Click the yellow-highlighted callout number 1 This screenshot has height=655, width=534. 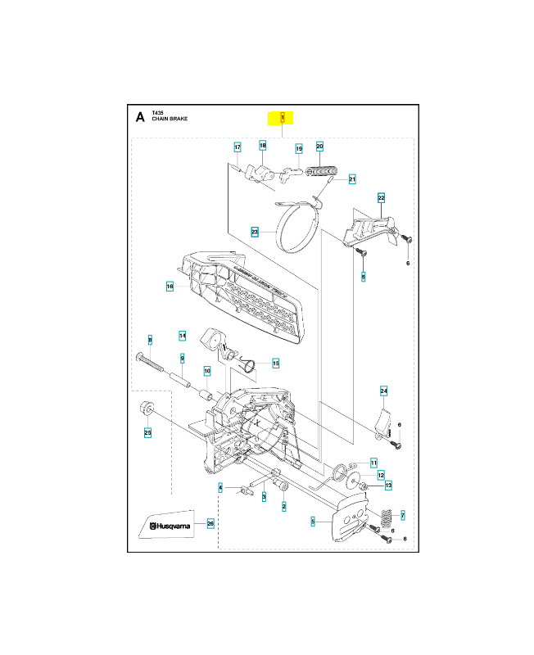click(283, 117)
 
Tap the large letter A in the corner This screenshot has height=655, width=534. click(140, 117)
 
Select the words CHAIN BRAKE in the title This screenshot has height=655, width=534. click(170, 120)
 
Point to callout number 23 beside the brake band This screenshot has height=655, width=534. click(255, 233)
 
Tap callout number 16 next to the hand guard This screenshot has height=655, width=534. click(170, 287)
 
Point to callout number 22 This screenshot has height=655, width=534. click(381, 197)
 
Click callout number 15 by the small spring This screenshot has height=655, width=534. click(275, 363)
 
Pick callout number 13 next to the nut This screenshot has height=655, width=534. click(388, 486)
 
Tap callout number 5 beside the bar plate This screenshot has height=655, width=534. click(313, 521)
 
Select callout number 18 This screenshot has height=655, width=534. click(262, 146)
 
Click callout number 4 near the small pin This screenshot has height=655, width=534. click(220, 487)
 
